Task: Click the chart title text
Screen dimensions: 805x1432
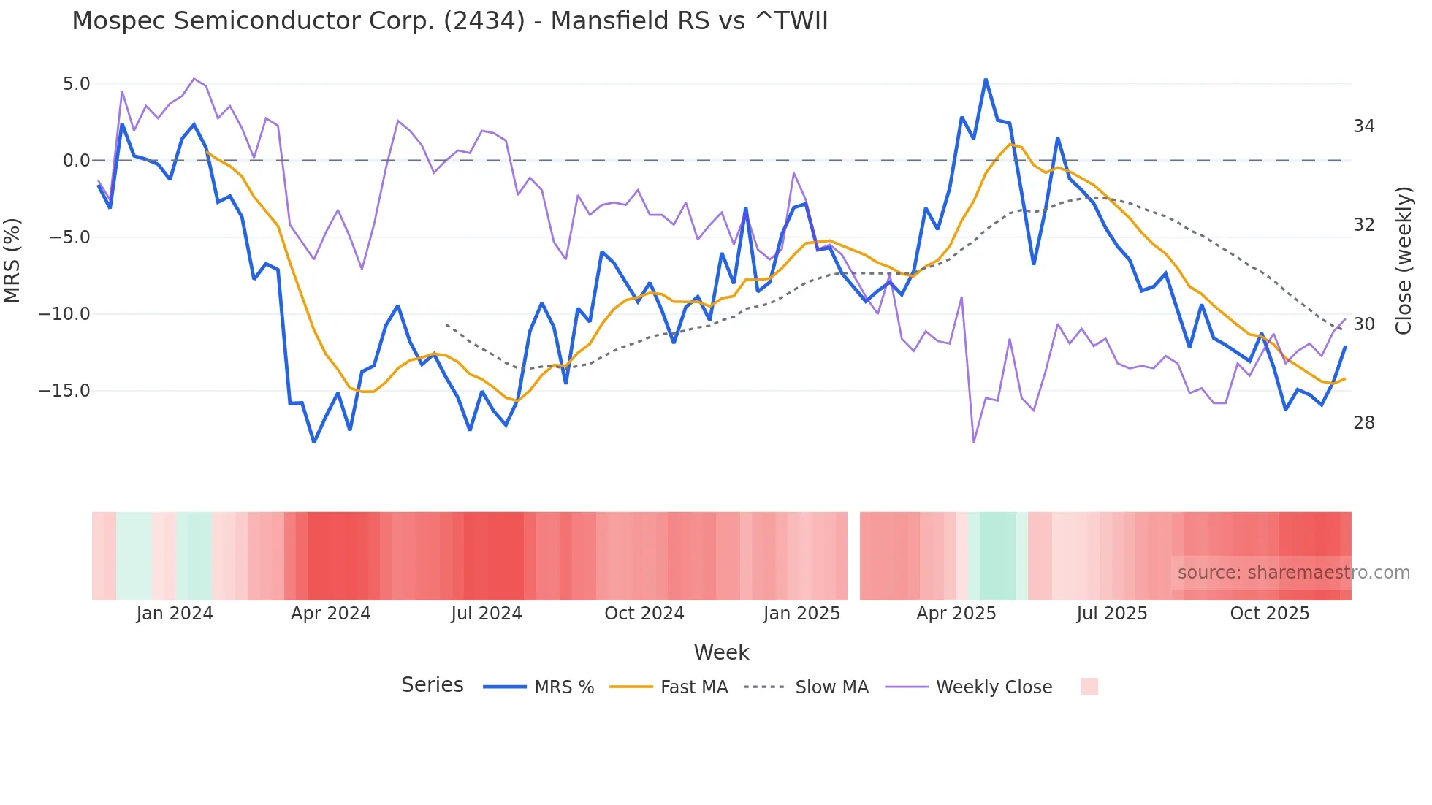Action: click(x=450, y=21)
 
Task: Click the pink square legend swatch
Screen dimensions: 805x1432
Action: click(x=1089, y=687)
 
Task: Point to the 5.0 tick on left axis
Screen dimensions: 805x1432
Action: click(x=76, y=84)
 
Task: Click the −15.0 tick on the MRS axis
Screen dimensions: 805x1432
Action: click(x=64, y=391)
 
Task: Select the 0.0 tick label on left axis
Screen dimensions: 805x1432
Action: click(x=76, y=161)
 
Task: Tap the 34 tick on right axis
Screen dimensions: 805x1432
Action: click(x=1363, y=126)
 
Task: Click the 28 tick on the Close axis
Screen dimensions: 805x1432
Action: click(x=1363, y=423)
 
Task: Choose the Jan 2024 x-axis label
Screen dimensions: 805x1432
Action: click(x=175, y=614)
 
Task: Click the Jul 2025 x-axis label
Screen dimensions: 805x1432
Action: click(x=1111, y=614)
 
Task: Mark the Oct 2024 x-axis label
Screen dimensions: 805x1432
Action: click(x=644, y=614)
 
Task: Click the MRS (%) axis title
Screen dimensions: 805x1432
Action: click(x=12, y=260)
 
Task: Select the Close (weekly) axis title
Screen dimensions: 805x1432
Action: click(x=1403, y=261)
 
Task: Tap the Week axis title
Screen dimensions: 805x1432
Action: click(x=721, y=652)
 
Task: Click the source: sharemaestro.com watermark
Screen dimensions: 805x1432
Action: click(x=1293, y=573)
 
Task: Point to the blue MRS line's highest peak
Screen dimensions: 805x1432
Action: click(x=986, y=80)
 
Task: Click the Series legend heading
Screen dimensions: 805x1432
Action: click(x=432, y=685)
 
